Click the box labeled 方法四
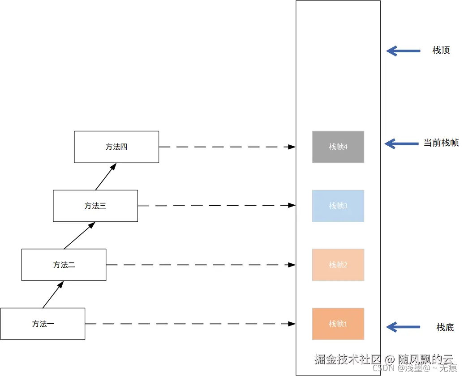[116, 147]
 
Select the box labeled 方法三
[95, 206]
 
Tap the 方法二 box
[64, 265]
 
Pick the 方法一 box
[43, 324]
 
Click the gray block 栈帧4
[338, 147]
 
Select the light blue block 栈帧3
[338, 206]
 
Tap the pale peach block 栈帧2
[338, 265]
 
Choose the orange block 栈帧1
[338, 324]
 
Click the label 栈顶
[441, 51]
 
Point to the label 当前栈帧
[441, 143]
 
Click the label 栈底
[445, 327]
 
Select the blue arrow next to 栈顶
[403, 51]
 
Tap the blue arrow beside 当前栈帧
[401, 144]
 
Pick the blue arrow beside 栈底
[403, 327]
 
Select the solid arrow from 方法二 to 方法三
[80, 235]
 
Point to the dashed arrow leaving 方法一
[190, 324]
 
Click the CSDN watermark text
[414, 368]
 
